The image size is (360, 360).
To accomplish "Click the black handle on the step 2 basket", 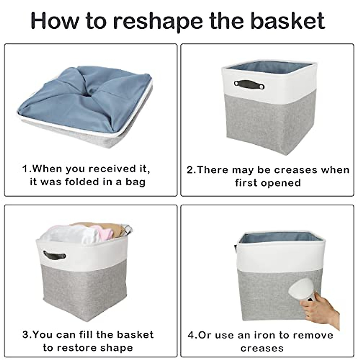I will click(250, 85).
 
